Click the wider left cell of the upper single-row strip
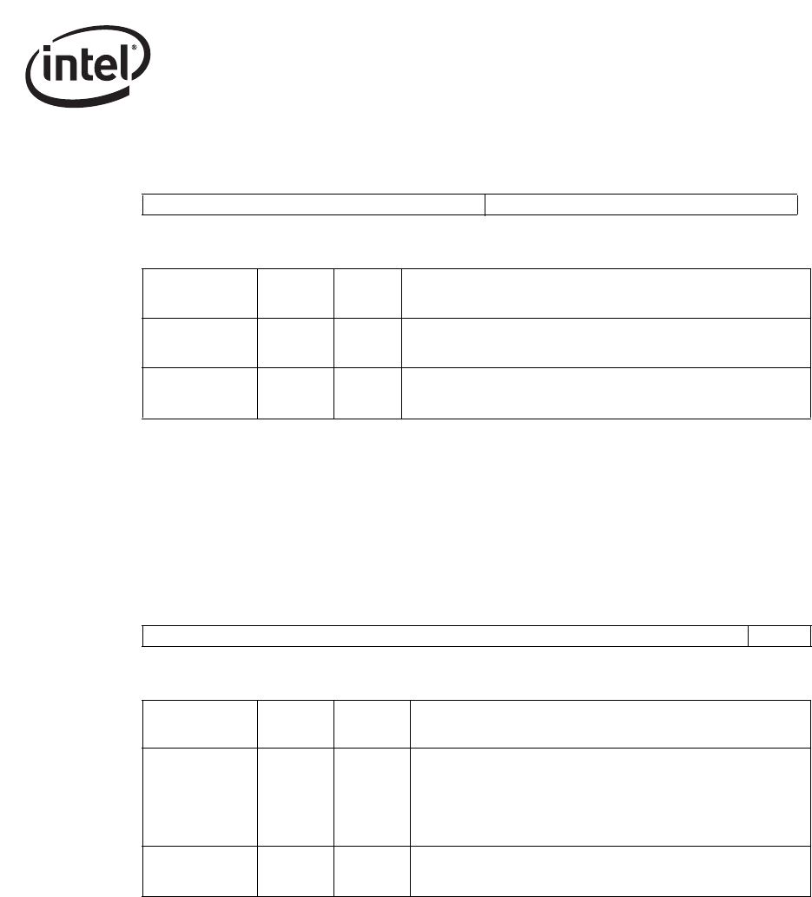click(313, 205)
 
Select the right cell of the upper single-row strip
click(641, 205)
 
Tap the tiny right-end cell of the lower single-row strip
click(779, 636)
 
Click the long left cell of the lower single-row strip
click(445, 636)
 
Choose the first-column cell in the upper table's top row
click(199, 294)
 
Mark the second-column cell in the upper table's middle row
click(295, 343)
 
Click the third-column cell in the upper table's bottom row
click(367, 393)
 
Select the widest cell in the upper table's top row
click(606, 294)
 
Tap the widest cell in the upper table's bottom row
click(606, 393)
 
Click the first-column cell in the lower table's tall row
click(199, 796)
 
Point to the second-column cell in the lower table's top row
click(295, 724)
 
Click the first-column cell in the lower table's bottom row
click(199, 870)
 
